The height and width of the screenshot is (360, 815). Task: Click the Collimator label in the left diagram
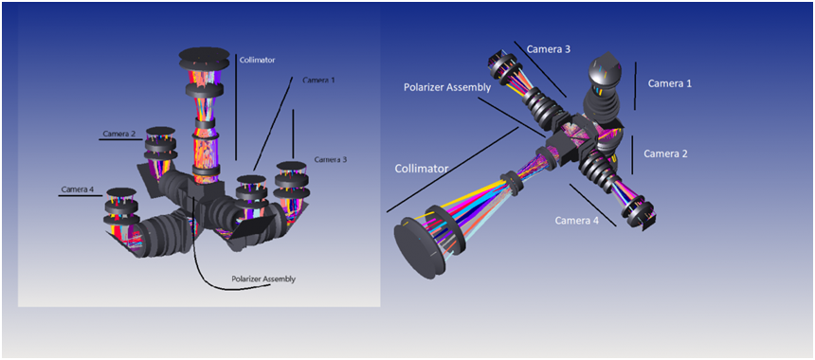[257, 60]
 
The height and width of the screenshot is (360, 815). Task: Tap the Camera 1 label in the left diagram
[319, 80]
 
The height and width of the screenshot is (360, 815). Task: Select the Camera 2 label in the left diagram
[119, 134]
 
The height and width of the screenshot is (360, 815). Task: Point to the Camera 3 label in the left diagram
[330, 159]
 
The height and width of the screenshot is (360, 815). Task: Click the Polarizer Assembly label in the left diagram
[263, 279]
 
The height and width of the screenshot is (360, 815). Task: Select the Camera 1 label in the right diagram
[670, 83]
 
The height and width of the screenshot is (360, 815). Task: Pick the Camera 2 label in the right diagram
[667, 153]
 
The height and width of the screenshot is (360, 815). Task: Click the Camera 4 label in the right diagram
[577, 220]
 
